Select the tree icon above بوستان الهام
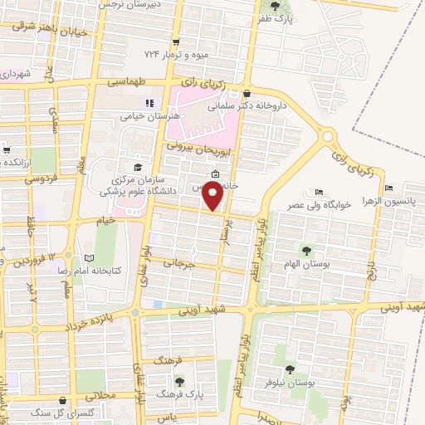307,249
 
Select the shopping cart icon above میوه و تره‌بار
175,42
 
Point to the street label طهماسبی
126,83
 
